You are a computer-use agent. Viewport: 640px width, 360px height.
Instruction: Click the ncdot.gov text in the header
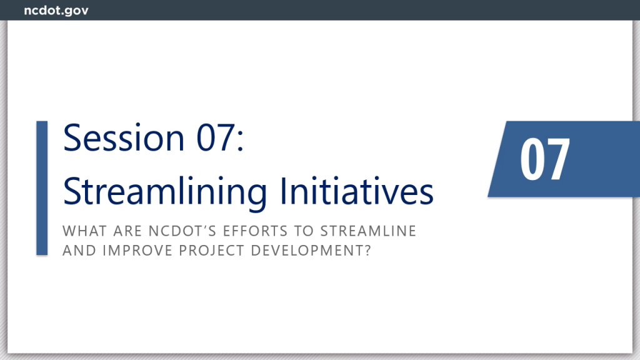point(56,11)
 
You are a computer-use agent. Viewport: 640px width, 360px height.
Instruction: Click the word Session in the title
point(124,137)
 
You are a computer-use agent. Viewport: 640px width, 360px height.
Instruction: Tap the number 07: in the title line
point(220,137)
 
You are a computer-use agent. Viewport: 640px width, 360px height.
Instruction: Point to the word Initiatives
point(357,191)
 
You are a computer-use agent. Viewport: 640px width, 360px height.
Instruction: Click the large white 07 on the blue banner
point(545,159)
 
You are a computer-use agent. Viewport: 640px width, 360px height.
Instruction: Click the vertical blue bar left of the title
point(42,188)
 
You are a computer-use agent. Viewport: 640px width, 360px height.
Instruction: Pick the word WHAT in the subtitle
point(84,231)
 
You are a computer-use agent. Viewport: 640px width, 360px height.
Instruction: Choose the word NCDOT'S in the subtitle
point(182,231)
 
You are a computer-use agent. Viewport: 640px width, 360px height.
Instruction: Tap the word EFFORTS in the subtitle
point(256,231)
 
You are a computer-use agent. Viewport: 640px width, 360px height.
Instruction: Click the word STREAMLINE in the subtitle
point(368,231)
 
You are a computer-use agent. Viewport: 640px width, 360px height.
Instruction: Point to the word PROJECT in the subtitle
point(211,251)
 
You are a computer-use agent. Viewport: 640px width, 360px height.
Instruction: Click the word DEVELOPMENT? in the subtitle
point(311,251)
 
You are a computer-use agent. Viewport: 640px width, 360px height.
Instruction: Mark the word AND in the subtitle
point(79,251)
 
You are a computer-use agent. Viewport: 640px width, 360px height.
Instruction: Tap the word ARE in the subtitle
point(127,231)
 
